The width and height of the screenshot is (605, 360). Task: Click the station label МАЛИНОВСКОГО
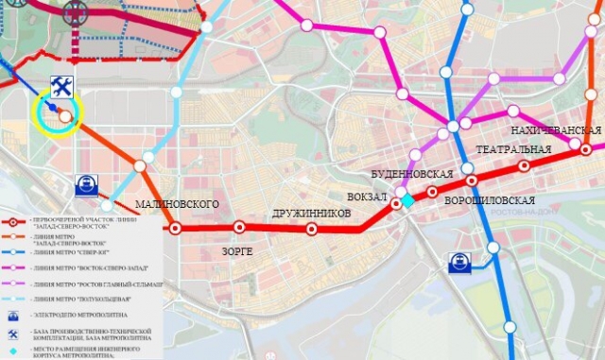[x=177, y=204]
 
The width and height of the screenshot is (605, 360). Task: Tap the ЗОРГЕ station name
[x=237, y=251]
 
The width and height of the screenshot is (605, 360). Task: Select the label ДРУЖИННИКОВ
[x=311, y=214]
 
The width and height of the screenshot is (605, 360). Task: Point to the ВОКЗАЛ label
[x=368, y=197]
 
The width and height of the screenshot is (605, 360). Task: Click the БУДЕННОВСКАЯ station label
[x=412, y=174]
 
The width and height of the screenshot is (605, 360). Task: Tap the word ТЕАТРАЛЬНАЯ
[x=513, y=150]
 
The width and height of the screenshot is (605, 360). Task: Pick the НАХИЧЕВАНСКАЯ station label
[x=556, y=129]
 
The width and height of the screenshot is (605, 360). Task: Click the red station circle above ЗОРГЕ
[x=239, y=227]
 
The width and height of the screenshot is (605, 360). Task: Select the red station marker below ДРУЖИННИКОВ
[x=312, y=230]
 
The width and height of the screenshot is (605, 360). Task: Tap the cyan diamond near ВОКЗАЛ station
[x=407, y=200]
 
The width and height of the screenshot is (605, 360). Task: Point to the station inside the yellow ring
[x=64, y=115]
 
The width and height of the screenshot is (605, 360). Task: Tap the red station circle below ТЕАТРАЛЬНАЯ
[x=525, y=166]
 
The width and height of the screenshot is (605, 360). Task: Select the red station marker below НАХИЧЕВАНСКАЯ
[x=586, y=148]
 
